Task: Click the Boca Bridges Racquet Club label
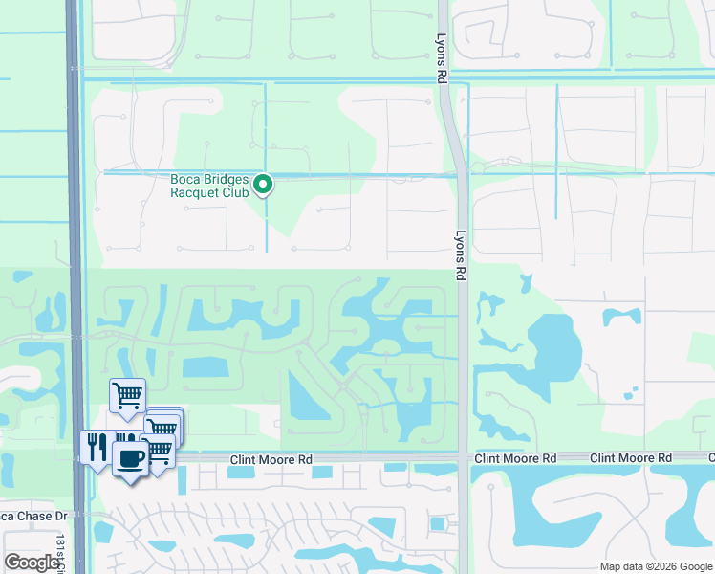pyautogui.click(x=209, y=186)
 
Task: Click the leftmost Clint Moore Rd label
pyautogui.click(x=271, y=460)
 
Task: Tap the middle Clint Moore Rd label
pyautogui.click(x=515, y=459)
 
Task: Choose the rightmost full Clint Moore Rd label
pyautogui.click(x=631, y=459)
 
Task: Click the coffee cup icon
pyautogui.click(x=130, y=456)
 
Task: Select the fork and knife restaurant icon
pyautogui.click(x=97, y=447)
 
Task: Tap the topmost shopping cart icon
pyautogui.click(x=127, y=394)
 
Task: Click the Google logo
pyautogui.click(x=32, y=563)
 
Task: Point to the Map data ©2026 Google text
pyautogui.click(x=656, y=566)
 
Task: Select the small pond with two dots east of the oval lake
pyautogui.click(x=621, y=317)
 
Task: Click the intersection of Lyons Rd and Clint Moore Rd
pyautogui.click(x=463, y=459)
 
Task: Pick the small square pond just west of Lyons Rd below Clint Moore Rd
pyautogui.click(x=438, y=523)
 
